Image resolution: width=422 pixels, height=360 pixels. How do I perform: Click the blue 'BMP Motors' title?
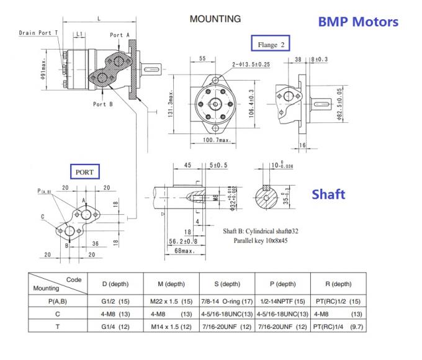pyautogui.click(x=357, y=22)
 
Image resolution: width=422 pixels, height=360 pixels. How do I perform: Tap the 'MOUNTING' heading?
pyautogui.click(x=215, y=19)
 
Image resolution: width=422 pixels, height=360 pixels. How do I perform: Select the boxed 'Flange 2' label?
pyautogui.click(x=271, y=45)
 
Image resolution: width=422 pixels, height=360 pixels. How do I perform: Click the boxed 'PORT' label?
pyautogui.click(x=84, y=171)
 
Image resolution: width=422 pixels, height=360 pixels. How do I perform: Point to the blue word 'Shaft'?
pyautogui.click(x=328, y=194)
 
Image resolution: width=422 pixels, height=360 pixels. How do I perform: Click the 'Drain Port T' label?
pyautogui.click(x=39, y=32)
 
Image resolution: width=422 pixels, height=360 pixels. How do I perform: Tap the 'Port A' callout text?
pyautogui.click(x=120, y=35)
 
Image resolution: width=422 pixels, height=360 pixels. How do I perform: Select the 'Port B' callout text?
pyautogui.click(x=103, y=104)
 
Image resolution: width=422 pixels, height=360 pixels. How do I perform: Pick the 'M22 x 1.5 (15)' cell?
pyautogui.click(x=171, y=301)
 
